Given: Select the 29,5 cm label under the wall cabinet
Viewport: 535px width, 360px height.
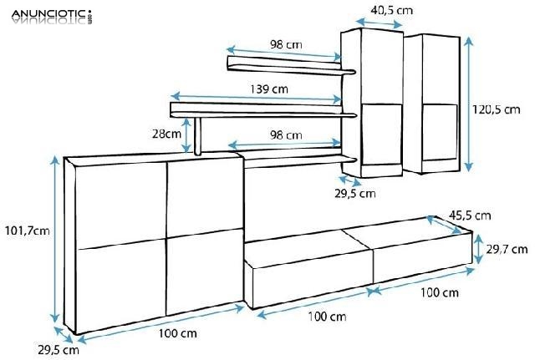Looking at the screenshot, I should click(355, 193).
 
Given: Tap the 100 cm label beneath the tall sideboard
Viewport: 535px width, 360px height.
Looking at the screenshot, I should click(177, 334).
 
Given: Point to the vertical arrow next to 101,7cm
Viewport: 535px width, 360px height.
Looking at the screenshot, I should click(56, 243).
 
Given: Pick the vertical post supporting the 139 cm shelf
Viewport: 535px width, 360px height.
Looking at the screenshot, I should click(199, 136).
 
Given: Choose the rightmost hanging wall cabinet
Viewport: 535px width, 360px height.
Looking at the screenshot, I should click(432, 104).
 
